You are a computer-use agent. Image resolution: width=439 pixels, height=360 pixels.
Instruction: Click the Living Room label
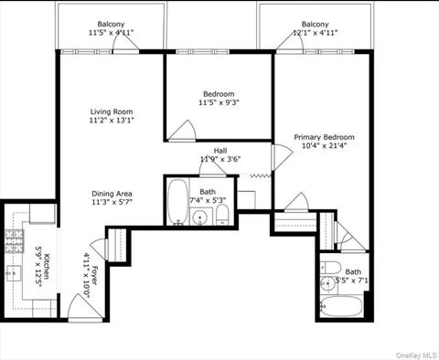(x=112, y=111)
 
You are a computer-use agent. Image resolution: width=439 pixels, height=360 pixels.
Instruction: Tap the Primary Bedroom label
(x=324, y=137)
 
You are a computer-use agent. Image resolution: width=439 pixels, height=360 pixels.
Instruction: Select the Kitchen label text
(x=47, y=266)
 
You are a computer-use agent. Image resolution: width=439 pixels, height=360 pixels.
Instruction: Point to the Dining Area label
(x=112, y=194)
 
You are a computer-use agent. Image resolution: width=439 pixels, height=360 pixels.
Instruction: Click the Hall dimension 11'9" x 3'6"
(x=220, y=159)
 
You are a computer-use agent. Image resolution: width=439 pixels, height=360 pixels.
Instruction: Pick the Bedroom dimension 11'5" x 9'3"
(x=219, y=102)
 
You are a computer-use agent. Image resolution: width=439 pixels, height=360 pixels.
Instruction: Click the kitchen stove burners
(x=15, y=241)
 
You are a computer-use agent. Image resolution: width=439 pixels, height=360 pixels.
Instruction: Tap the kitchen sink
(x=14, y=273)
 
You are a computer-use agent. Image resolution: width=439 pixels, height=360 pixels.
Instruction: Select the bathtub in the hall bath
(x=178, y=202)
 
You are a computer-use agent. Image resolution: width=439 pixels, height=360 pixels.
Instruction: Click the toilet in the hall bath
(x=222, y=215)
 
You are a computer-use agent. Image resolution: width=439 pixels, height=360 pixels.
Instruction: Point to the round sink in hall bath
(x=200, y=217)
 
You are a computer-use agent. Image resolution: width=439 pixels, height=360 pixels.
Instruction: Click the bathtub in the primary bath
(x=341, y=306)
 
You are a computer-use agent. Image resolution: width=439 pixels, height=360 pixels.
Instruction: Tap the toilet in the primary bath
(x=330, y=268)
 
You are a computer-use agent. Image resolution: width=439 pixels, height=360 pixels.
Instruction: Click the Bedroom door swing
(x=182, y=131)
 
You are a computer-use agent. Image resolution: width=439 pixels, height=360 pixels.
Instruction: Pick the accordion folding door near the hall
(x=261, y=175)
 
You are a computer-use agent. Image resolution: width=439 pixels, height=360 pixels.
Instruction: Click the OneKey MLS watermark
(x=416, y=355)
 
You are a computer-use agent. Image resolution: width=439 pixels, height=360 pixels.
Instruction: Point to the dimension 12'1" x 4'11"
(x=315, y=33)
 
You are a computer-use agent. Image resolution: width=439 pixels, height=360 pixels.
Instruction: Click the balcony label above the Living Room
(x=111, y=24)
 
